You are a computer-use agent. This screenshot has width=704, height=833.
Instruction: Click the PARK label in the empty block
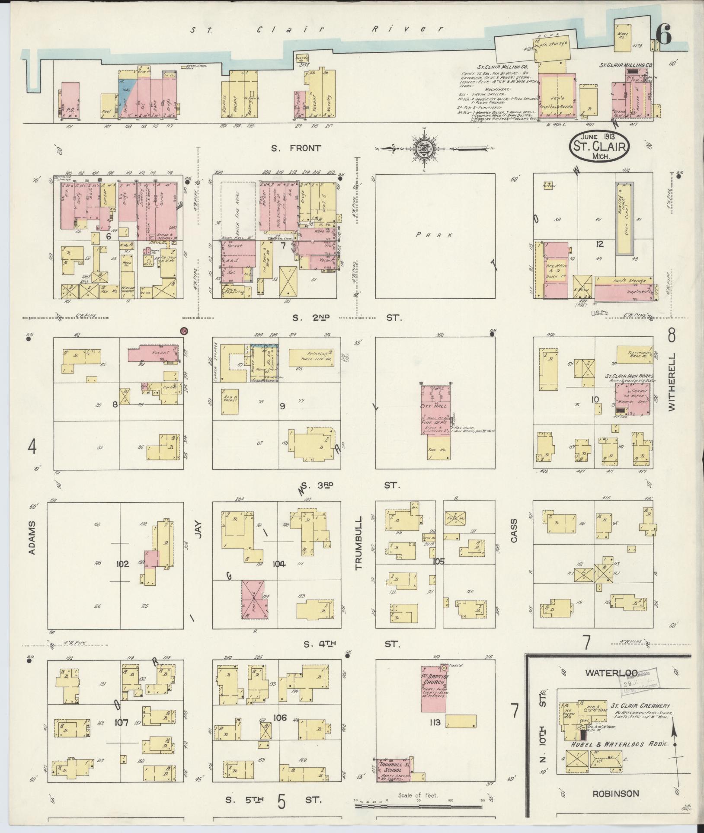coord(435,235)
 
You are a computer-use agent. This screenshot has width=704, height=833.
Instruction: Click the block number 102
coord(123,564)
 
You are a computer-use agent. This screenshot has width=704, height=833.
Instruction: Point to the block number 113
coord(435,722)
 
